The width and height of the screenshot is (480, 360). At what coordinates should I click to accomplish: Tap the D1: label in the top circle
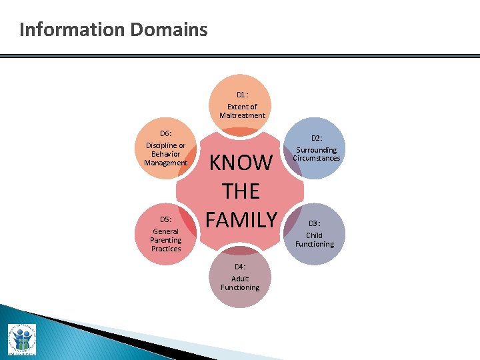pyautogui.click(x=242, y=95)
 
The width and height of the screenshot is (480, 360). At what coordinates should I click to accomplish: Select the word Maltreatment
pyautogui.click(x=242, y=115)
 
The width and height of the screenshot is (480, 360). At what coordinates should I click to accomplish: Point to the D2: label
pyautogui.click(x=316, y=138)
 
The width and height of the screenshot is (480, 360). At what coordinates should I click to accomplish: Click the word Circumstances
pyautogui.click(x=317, y=159)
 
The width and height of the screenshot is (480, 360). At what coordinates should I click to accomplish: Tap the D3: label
pyautogui.click(x=314, y=223)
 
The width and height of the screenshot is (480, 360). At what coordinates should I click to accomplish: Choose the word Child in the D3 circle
pyautogui.click(x=314, y=235)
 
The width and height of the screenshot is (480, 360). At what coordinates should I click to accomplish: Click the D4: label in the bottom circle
pyautogui.click(x=240, y=267)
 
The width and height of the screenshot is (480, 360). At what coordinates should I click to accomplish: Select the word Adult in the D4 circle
pyautogui.click(x=240, y=279)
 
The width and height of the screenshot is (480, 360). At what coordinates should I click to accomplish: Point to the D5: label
pyautogui.click(x=165, y=219)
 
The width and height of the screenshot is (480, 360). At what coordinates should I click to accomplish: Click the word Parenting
pyautogui.click(x=165, y=240)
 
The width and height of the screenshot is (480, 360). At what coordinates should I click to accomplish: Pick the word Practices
pyautogui.click(x=165, y=249)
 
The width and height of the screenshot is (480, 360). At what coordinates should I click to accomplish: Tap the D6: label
pyautogui.click(x=166, y=133)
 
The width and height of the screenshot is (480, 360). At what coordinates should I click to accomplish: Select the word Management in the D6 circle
pyautogui.click(x=166, y=163)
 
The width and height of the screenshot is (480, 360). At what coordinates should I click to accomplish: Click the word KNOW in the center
pyautogui.click(x=241, y=163)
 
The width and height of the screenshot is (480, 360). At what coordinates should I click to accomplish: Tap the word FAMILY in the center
pyautogui.click(x=241, y=219)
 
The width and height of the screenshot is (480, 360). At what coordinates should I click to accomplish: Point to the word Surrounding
pyautogui.click(x=317, y=150)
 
